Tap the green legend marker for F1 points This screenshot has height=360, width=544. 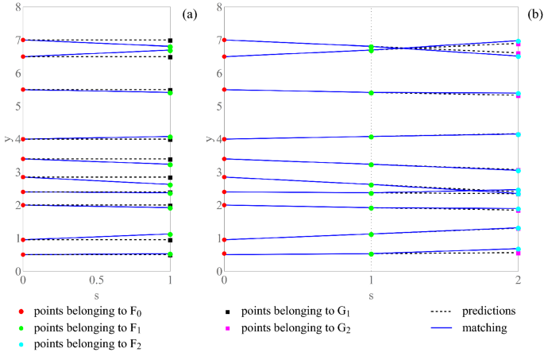coord(11,327)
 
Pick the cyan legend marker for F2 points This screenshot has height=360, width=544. coord(11,344)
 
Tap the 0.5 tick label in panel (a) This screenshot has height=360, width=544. coord(96,281)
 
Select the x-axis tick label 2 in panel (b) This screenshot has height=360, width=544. coord(518,281)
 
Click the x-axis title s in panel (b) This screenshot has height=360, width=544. coord(371,295)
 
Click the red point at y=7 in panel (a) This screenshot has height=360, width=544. coord(23,40)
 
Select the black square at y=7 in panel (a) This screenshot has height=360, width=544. coord(170,40)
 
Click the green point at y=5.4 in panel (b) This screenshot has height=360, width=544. coord(372,92)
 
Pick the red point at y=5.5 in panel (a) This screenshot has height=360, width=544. coord(23,90)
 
